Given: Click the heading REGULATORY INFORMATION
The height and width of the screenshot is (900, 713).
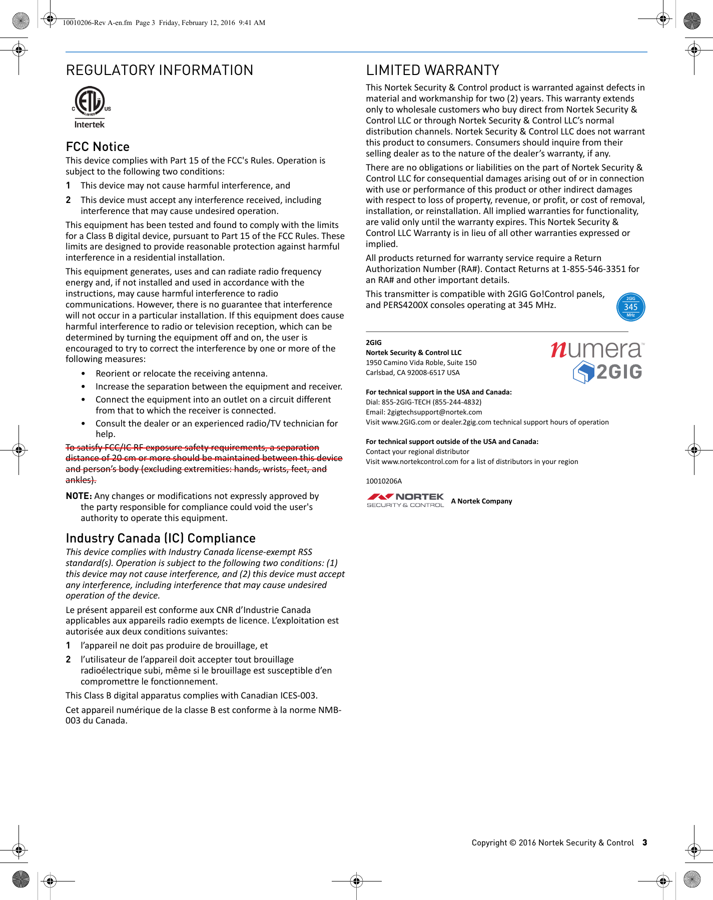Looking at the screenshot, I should pyautogui.click(x=160, y=70).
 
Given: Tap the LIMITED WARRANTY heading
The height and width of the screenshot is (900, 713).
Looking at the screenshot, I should pyautogui.click(x=432, y=70).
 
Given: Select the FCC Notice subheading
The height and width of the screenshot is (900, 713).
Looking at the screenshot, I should pyautogui.click(x=98, y=146).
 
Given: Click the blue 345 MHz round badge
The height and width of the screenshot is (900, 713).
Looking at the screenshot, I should pyautogui.click(x=630, y=307).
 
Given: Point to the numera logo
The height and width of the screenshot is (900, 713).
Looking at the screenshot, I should pyautogui.click(x=596, y=349).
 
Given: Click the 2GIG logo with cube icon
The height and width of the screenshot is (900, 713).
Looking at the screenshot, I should pyautogui.click(x=607, y=372).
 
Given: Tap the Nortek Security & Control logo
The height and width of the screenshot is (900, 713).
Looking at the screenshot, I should pyautogui.click(x=405, y=500).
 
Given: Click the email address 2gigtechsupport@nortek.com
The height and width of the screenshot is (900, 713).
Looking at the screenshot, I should pyautogui.click(x=434, y=412).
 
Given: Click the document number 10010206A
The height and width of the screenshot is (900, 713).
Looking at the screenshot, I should pyautogui.click(x=384, y=481).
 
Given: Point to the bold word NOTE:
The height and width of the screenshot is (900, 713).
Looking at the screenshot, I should pyautogui.click(x=79, y=496).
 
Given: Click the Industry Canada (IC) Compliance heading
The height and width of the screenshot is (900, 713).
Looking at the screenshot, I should pyautogui.click(x=161, y=538).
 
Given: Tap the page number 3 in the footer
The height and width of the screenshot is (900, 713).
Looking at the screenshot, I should pyautogui.click(x=644, y=842).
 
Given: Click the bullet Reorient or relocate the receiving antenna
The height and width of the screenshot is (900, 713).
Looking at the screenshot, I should pyautogui.click(x=181, y=373).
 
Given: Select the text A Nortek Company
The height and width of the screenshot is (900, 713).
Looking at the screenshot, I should pyautogui.click(x=481, y=501).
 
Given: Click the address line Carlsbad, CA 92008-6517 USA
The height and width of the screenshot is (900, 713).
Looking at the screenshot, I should pyautogui.click(x=412, y=372).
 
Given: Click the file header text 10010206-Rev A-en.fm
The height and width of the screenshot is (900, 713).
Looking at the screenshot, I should pyautogui.click(x=97, y=22).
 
